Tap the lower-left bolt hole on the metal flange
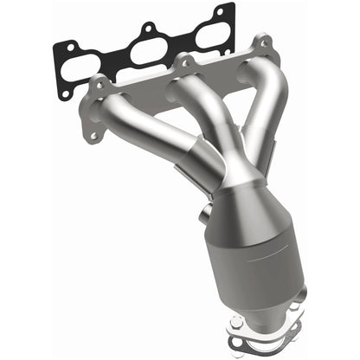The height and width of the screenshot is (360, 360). pyautogui.click(x=90, y=134)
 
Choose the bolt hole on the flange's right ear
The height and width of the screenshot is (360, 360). pyautogui.click(x=260, y=44)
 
